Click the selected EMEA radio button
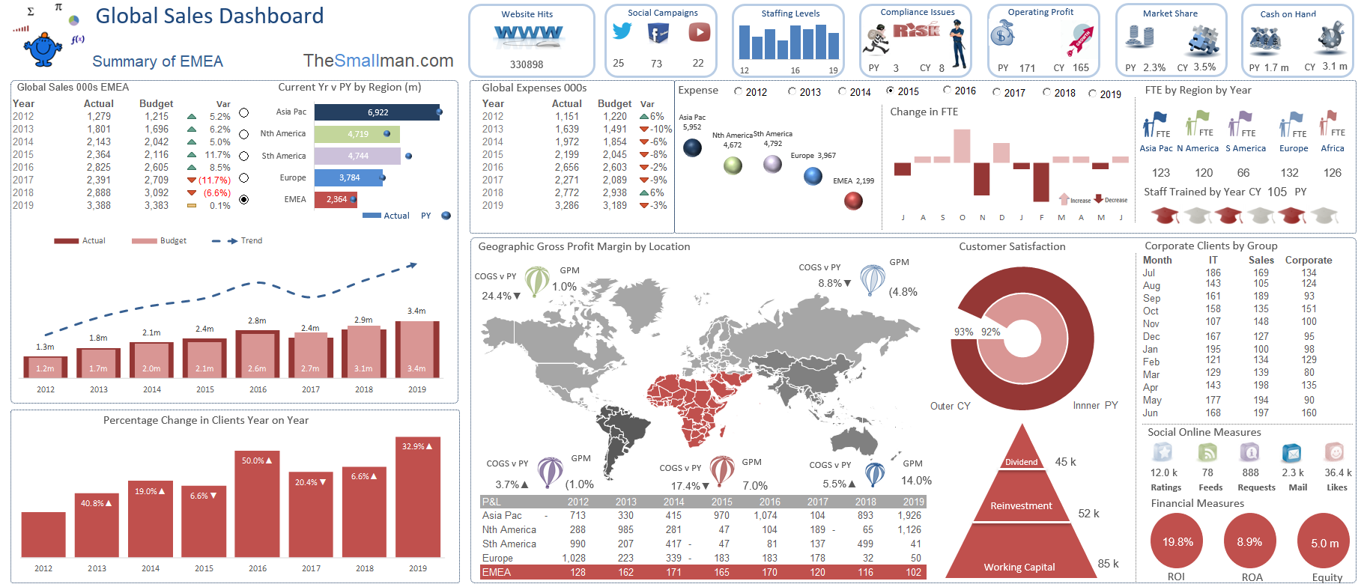click(243, 200)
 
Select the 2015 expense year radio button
click(890, 91)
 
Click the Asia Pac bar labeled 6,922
click(377, 112)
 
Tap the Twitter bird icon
click(622, 31)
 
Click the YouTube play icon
click(699, 32)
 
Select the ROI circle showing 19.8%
click(1177, 542)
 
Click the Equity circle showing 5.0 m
click(1324, 543)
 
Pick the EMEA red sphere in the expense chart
click(853, 201)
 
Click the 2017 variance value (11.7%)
click(213, 180)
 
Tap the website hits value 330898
click(527, 65)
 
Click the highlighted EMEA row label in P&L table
click(497, 573)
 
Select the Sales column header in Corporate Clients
click(1261, 261)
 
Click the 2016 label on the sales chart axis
click(258, 389)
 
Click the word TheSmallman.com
click(378, 61)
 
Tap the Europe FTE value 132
click(1289, 173)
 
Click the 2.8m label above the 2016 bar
click(257, 320)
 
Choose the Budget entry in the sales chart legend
click(173, 241)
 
